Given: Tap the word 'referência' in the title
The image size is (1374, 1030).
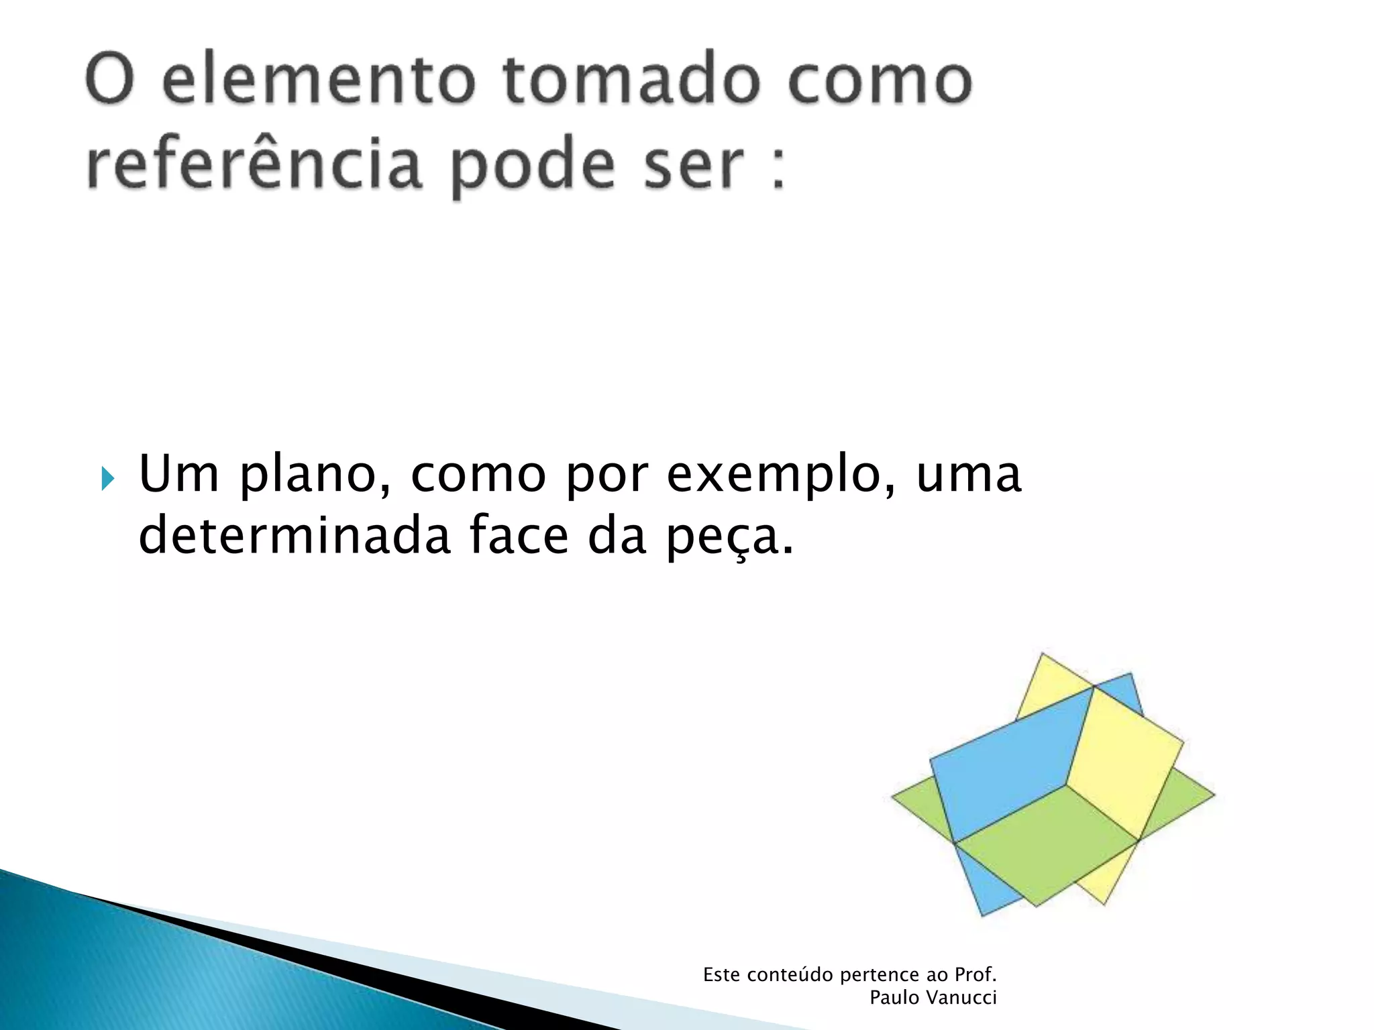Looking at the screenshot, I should pos(254,164).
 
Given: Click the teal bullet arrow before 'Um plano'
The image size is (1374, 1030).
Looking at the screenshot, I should pos(108,479).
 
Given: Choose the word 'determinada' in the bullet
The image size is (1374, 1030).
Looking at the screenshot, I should pos(294,536).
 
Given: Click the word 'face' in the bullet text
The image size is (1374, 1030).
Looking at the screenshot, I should pos(519,536).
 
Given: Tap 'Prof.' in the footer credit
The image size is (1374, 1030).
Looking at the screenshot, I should pos(975,975).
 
